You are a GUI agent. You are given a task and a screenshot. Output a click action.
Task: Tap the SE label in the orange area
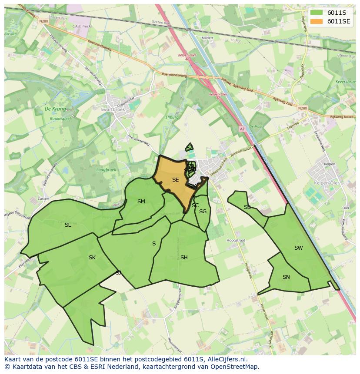(175, 179)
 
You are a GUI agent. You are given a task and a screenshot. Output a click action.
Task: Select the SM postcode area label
(141, 201)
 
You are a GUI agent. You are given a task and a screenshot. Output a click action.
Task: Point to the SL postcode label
(68, 225)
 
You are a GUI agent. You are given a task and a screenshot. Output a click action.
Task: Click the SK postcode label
(92, 257)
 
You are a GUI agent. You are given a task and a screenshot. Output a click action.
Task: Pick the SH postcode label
(184, 257)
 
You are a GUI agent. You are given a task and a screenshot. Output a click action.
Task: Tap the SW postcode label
(298, 248)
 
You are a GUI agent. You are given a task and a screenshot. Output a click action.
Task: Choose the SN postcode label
(286, 277)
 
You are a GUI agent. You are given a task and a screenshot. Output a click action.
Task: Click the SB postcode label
(247, 207)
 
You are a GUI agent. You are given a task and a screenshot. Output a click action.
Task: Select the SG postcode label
(203, 211)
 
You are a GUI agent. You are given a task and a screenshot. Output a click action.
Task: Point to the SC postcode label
(195, 205)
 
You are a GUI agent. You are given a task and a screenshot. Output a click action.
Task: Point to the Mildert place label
(207, 38)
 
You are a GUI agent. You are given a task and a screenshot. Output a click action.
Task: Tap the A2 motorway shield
(242, 129)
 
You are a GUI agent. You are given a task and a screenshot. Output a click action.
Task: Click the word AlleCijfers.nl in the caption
(227, 359)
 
